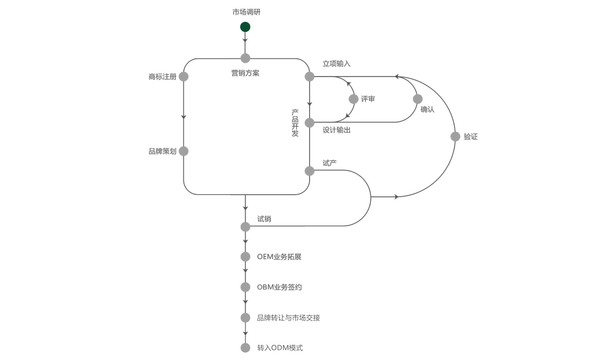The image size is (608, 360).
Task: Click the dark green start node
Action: tap(245, 27)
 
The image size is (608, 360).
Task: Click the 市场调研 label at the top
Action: tap(247, 12)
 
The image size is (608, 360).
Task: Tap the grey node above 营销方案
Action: tap(245, 58)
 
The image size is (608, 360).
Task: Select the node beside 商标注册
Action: tap(183, 77)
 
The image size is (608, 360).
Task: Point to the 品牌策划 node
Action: tap(183, 151)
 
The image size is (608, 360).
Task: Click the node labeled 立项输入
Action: tap(310, 77)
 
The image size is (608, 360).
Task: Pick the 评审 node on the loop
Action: tap(354, 99)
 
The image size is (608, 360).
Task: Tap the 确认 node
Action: tap(418, 99)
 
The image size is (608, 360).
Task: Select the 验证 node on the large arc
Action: tap(455, 136)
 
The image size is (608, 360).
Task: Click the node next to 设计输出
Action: tap(310, 123)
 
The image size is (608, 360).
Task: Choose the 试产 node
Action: tap(310, 171)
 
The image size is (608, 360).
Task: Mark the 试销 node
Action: tap(245, 226)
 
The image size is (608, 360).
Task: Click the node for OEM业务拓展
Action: tap(245, 257)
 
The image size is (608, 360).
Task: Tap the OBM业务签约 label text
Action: tap(279, 287)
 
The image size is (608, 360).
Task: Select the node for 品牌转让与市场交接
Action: tap(245, 318)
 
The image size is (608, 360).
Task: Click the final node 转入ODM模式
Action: tap(245, 348)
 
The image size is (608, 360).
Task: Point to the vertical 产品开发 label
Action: tap(295, 123)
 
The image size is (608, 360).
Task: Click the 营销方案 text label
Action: tap(245, 73)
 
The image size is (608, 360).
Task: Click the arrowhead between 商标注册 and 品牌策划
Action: tap(183, 118)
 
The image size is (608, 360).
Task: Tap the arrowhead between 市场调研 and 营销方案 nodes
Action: tap(245, 40)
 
